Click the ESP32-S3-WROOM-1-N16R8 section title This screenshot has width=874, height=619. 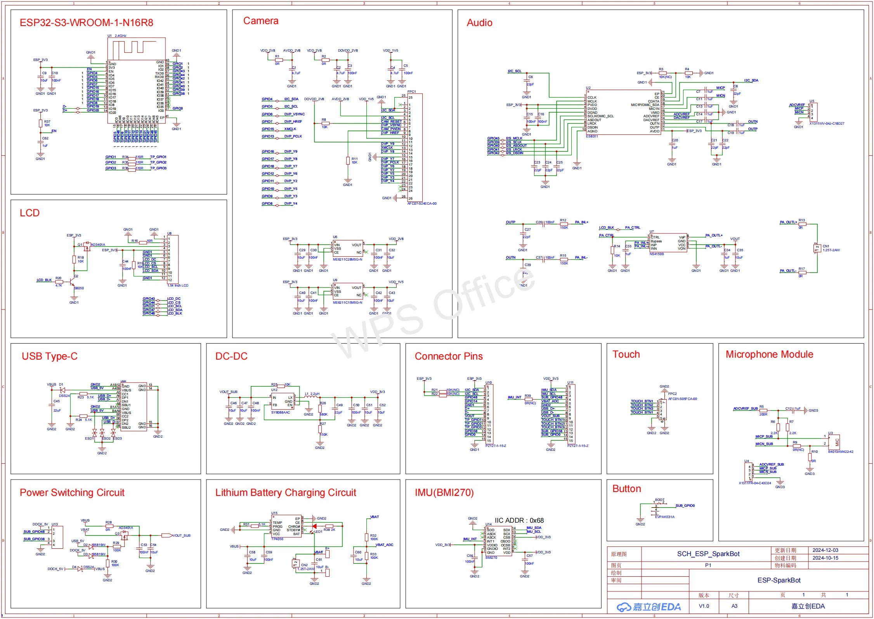[x=86, y=23]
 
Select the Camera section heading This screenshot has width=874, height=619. [x=260, y=21]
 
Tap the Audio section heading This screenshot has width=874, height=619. [x=479, y=23]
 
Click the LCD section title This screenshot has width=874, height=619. [x=29, y=213]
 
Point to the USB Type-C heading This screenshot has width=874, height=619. [x=49, y=356]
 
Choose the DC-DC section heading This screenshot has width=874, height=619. [x=231, y=356]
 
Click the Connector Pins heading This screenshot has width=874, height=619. [x=448, y=356]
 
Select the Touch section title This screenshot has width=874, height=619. [x=626, y=354]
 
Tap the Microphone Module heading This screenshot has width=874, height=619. [x=769, y=354]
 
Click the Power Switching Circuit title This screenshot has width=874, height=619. [x=72, y=492]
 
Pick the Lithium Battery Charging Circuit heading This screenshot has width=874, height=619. [x=285, y=492]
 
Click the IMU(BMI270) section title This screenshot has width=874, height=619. [x=444, y=492]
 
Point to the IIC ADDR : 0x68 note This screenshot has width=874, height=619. [x=519, y=520]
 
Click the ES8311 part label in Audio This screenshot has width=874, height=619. [x=592, y=136]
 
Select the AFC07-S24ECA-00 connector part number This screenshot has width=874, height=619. [x=421, y=203]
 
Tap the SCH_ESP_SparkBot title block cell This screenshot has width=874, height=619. [x=708, y=554]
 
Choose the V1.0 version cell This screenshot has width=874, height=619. [x=704, y=606]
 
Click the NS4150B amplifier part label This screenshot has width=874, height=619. [x=657, y=254]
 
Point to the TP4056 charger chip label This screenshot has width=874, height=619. [x=277, y=539]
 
